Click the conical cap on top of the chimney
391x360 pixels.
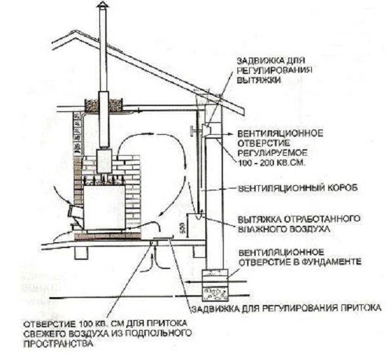click(102, 5)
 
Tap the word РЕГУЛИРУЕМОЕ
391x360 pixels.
click(272, 153)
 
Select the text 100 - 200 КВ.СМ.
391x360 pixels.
click(272, 163)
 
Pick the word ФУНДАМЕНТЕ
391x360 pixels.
click(331, 262)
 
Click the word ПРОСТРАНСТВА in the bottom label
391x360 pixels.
click(59, 344)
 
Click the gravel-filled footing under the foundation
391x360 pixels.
click(215, 294)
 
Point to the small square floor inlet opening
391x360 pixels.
click(154, 243)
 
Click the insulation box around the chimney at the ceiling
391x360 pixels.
click(104, 105)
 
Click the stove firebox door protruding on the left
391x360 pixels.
click(75, 213)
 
